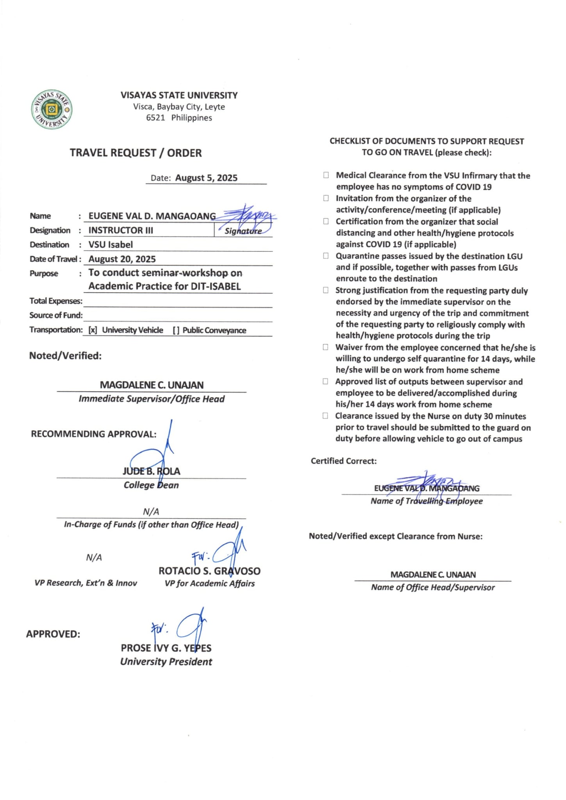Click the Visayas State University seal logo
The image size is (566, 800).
[x=52, y=109]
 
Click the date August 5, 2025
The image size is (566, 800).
[x=206, y=178]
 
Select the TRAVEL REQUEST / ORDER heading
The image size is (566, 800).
[x=136, y=153]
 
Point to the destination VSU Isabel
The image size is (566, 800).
[x=111, y=245]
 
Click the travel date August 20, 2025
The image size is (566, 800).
[x=122, y=259]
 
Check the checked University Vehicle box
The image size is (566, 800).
[x=93, y=330]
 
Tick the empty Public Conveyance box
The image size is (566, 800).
[x=176, y=330]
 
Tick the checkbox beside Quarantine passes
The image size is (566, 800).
[x=326, y=256]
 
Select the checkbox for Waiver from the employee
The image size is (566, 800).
[x=325, y=347]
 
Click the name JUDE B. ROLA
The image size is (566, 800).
[x=152, y=471]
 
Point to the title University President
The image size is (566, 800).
[x=166, y=662]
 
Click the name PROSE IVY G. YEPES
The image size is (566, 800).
[x=166, y=648]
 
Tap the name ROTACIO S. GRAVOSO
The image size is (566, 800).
[x=209, y=571]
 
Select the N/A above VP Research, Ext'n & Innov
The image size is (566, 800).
[x=94, y=557]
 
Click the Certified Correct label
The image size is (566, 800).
[x=344, y=461]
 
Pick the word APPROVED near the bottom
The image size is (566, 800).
[x=53, y=634]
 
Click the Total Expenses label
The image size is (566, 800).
[x=56, y=301]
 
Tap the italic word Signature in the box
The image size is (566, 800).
[x=243, y=231]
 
